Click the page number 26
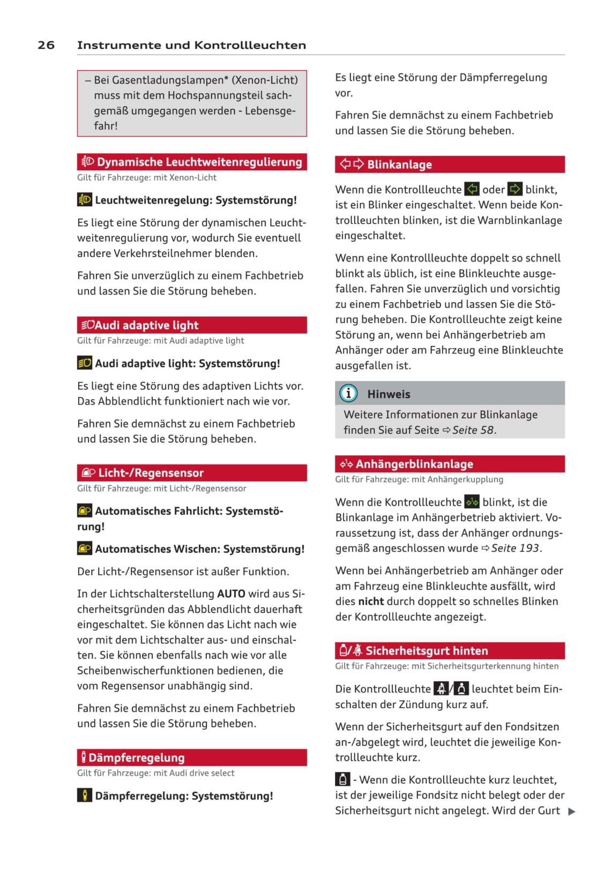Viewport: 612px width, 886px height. [x=46, y=45]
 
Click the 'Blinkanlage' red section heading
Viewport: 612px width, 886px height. [x=399, y=164]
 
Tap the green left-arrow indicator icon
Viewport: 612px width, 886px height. [x=472, y=189]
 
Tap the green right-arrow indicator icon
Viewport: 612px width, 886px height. [x=514, y=189]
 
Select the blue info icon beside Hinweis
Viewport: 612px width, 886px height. [x=348, y=394]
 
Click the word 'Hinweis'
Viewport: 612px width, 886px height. [x=389, y=394]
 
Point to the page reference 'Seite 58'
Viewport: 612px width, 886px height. [x=473, y=430]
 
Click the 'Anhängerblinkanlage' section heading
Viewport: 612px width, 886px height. [x=414, y=464]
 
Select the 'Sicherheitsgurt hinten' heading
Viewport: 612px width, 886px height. [x=427, y=651]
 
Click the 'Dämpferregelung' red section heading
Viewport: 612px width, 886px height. [x=136, y=757]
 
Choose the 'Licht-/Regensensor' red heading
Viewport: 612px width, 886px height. [x=151, y=473]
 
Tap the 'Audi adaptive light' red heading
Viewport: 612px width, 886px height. [x=146, y=325]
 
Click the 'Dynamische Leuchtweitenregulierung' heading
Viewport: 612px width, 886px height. [x=199, y=162]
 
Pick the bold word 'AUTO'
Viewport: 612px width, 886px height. [x=231, y=594]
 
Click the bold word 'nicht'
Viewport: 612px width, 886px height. [x=371, y=601]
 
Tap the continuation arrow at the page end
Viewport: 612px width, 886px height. [x=571, y=812]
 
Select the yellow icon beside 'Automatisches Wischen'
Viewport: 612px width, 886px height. [x=85, y=549]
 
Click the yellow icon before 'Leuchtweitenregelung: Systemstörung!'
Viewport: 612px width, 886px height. [x=85, y=200]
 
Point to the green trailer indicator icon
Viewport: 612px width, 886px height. [x=472, y=502]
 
